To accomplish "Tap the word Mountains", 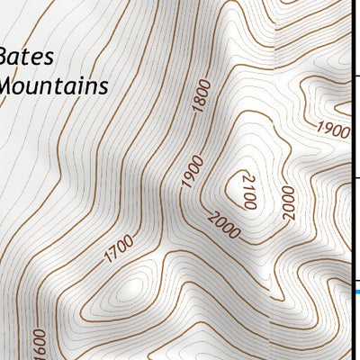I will (x=54, y=86).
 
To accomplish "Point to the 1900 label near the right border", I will (x=333, y=130).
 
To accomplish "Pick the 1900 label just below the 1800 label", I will (x=192, y=171).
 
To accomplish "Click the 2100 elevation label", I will (x=249, y=191).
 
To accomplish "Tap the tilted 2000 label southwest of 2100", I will (x=224, y=226).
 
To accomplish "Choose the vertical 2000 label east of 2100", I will (x=287, y=203).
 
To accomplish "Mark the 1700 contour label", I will (x=119, y=248).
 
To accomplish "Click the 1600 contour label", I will (x=38, y=345).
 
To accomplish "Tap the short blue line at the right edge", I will (x=355, y=292).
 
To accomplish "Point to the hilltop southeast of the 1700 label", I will (x=135, y=287).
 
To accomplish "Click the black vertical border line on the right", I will (x=351, y=180).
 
